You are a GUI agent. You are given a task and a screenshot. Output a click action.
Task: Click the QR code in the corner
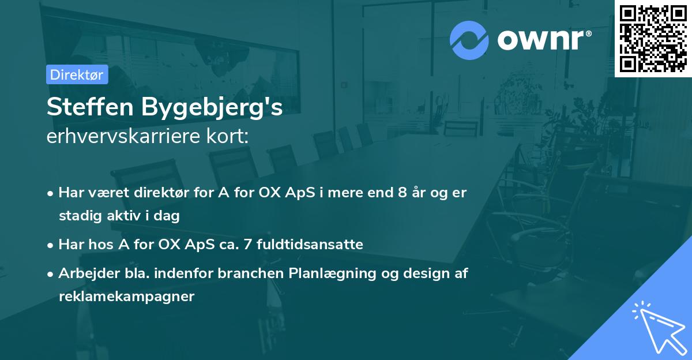tap(653, 38)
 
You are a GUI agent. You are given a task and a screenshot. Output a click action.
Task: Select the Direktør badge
tap(77, 74)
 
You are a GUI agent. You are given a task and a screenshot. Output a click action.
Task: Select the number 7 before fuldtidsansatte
tap(248, 245)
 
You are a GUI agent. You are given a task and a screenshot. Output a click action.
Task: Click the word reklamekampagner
tap(127, 297)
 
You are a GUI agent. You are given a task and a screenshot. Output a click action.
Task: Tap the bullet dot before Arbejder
tap(51, 274)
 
